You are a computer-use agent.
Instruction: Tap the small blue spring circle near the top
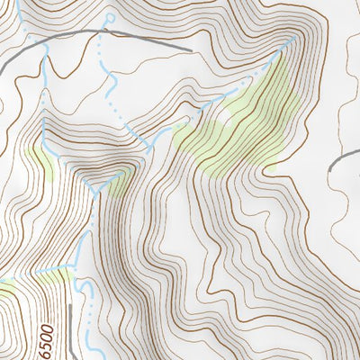point(110,18)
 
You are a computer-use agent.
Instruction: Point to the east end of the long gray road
point(192,49)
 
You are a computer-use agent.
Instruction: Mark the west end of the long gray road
point(2,69)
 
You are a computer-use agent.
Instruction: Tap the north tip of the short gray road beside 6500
point(91,304)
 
